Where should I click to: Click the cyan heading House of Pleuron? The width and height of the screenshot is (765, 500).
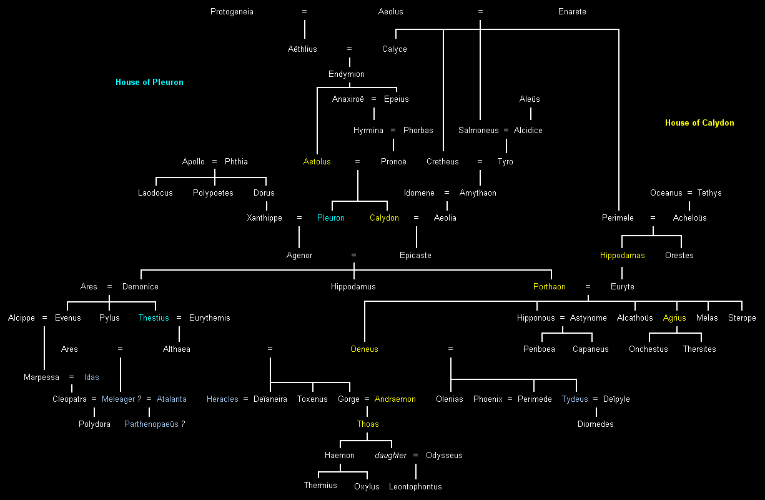point(149,82)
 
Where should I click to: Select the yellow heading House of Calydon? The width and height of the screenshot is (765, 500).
point(699,123)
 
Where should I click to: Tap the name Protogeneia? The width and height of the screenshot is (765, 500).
point(232,12)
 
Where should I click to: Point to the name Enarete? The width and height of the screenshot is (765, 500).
point(572,12)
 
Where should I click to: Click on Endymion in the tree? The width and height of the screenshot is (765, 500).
point(347,74)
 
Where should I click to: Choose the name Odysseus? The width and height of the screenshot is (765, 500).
point(444,456)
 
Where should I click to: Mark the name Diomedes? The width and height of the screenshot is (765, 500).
point(596,424)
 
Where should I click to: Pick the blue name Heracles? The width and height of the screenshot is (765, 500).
point(222,399)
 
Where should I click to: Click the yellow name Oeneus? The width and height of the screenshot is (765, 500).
point(364,349)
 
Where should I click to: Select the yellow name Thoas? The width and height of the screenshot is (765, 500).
point(368,424)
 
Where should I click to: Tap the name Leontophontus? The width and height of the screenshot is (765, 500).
point(415,487)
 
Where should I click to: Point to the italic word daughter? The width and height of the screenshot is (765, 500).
point(391,456)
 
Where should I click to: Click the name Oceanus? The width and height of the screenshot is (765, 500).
point(666,193)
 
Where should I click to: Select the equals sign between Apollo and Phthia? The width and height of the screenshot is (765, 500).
point(214,162)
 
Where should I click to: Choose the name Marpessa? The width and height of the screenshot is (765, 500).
point(42,377)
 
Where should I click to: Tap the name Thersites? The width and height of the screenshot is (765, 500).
point(699,349)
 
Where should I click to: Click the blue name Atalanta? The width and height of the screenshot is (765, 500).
point(172,399)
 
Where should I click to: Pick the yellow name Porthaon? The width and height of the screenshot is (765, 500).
point(550,287)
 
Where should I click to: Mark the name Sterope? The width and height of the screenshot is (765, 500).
point(742,318)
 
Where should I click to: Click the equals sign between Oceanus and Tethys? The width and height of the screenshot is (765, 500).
point(690,193)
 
